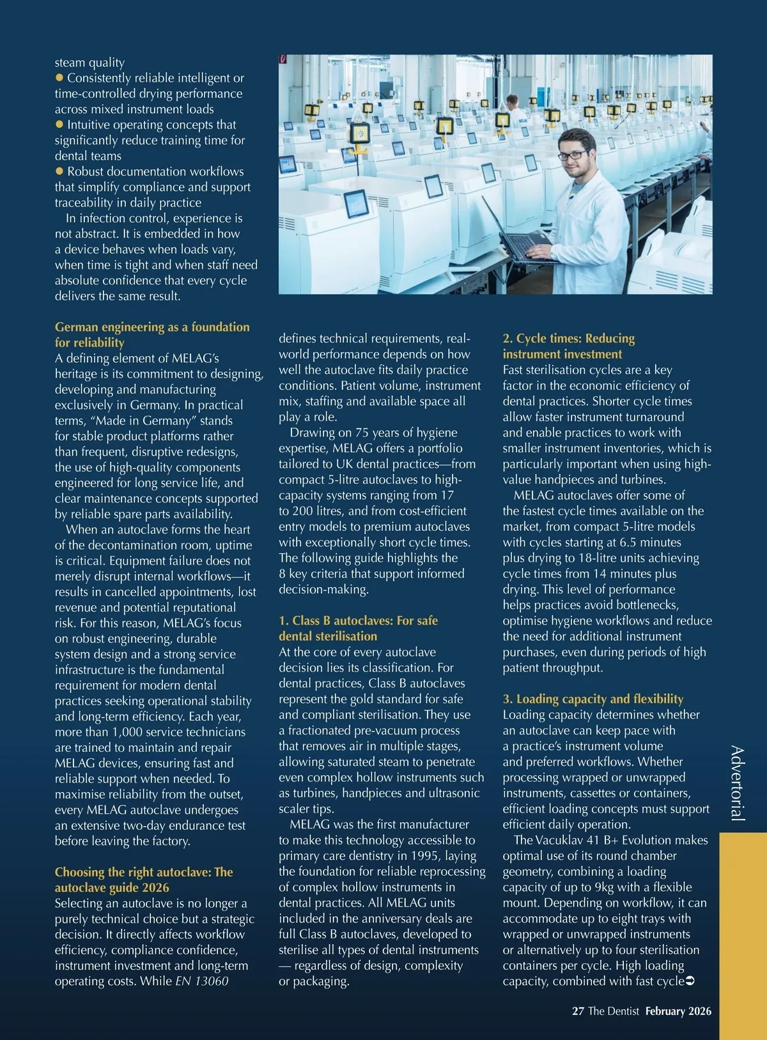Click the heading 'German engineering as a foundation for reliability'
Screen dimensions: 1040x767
point(152,335)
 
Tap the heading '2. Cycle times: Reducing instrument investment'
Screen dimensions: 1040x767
point(568,346)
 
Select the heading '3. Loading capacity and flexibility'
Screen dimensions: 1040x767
point(593,699)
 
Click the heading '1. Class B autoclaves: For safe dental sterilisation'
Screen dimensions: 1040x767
point(358,628)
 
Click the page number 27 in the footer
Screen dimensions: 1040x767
point(578,1011)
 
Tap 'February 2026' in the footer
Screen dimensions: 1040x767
point(678,1011)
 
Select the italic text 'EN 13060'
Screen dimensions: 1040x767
point(201,981)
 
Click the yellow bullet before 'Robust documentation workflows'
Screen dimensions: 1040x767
point(59,171)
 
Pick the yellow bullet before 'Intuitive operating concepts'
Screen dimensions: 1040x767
point(59,125)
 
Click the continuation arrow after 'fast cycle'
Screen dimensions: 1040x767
point(690,981)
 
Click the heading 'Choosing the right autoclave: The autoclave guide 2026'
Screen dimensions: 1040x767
point(144,880)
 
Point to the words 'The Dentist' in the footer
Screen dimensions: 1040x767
point(614,1011)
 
